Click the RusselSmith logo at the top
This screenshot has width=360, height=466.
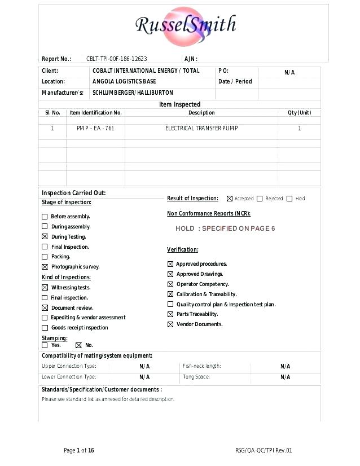coord(186,25)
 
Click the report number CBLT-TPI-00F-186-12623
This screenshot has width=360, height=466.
coord(117,59)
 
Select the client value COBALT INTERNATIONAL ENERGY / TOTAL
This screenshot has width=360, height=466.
coord(146,71)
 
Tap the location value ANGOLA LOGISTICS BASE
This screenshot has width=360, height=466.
coord(124,82)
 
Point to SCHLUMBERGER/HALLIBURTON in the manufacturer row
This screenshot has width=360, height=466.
coord(133,93)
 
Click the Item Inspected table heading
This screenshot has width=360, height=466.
coord(179,104)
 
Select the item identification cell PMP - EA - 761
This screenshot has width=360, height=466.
coord(95,129)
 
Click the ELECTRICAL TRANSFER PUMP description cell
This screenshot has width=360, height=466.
coord(201,129)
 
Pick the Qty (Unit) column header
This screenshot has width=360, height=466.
coord(299,113)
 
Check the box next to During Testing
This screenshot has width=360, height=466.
coord(45,237)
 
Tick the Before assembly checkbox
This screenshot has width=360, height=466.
coord(45,217)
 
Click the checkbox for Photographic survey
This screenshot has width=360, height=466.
coord(45,267)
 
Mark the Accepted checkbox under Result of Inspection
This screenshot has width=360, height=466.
coord(230,199)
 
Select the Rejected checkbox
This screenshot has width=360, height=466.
coord(260,199)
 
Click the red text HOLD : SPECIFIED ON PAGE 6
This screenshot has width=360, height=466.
coord(225,228)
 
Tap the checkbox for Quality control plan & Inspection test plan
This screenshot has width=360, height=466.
coord(170,305)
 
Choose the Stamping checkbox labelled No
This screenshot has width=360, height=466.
coord(78,345)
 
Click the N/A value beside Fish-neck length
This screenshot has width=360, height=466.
coord(285,366)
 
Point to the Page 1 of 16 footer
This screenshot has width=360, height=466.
coord(79,450)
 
